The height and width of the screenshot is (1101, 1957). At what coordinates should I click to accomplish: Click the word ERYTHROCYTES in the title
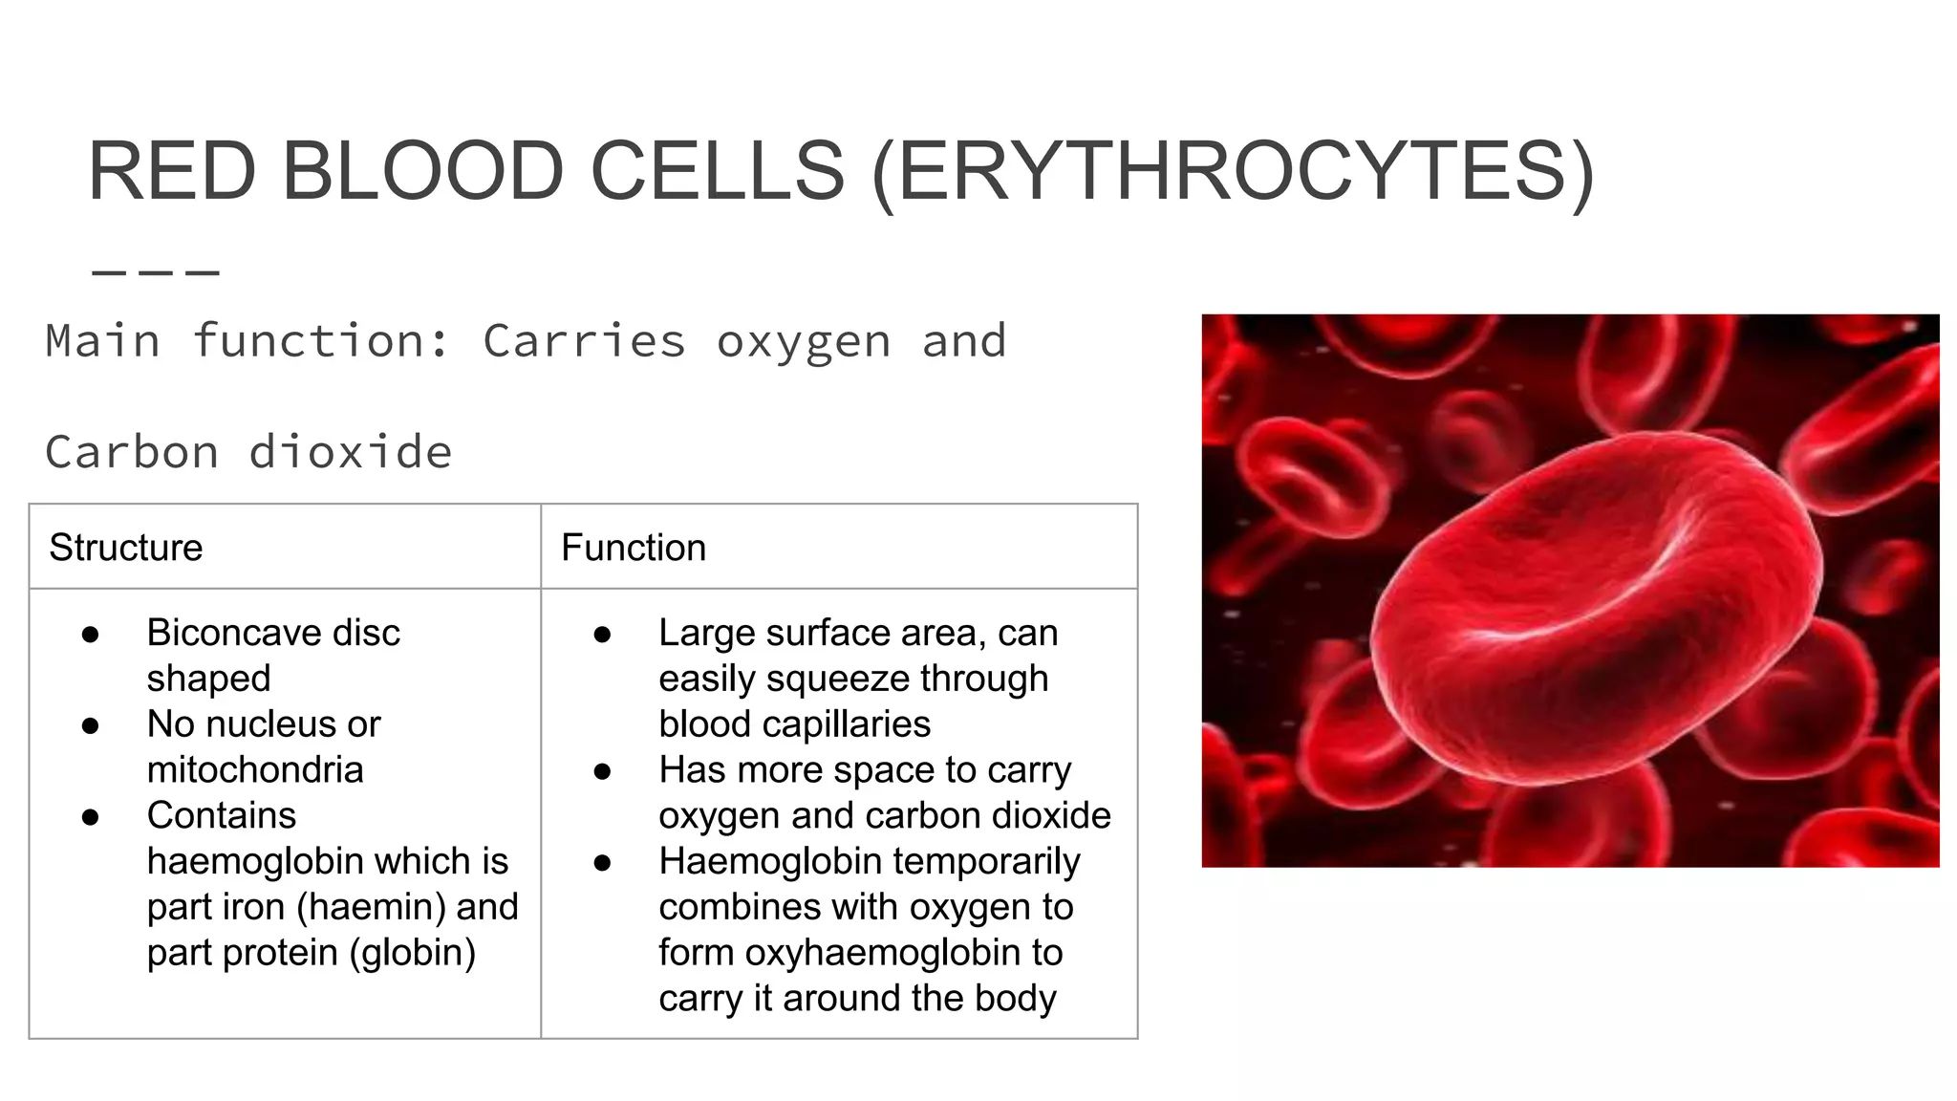pos(1233,172)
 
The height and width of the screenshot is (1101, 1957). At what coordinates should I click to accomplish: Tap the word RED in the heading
pos(172,172)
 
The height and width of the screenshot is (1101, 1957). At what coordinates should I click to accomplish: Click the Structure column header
pos(126,548)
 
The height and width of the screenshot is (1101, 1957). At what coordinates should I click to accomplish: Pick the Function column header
pos(634,548)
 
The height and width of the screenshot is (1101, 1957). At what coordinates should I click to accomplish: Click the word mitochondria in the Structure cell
pos(255,769)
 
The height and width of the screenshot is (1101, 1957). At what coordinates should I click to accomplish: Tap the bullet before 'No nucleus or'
pos(91,725)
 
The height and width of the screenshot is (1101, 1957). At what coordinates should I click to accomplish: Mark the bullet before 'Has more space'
pos(602,771)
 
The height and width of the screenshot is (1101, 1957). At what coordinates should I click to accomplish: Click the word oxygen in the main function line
pos(804,341)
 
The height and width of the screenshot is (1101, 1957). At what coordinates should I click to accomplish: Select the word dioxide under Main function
pos(350,452)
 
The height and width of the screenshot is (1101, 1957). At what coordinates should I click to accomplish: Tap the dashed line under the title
pos(156,273)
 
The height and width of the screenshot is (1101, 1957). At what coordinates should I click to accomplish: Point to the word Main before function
pos(102,341)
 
